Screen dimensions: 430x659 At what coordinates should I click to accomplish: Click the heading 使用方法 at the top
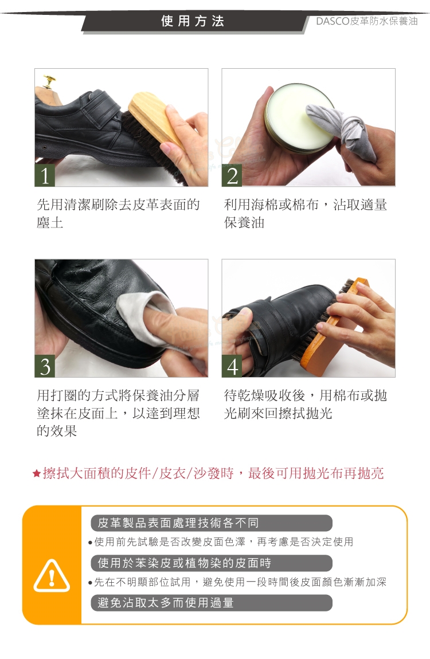click(x=193, y=21)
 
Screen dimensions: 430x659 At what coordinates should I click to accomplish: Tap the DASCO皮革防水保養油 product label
click(x=366, y=21)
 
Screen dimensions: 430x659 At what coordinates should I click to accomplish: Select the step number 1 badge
click(x=45, y=175)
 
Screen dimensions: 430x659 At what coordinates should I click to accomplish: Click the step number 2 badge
click(x=232, y=175)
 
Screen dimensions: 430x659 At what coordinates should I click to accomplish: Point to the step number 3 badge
click(x=45, y=366)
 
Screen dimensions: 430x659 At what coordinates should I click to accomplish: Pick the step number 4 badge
click(x=232, y=366)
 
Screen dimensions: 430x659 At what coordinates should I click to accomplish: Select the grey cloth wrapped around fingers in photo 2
click(x=345, y=126)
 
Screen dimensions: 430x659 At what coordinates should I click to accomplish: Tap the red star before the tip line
click(x=37, y=474)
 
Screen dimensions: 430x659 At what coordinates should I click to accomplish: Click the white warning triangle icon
click(x=52, y=576)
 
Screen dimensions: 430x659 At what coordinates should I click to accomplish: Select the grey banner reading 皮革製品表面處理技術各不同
click(x=212, y=523)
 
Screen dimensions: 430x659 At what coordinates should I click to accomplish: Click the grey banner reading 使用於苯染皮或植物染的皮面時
click(x=212, y=563)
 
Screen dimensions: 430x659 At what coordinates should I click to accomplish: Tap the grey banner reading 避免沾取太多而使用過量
click(x=212, y=603)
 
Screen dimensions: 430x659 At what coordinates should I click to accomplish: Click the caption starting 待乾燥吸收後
click(x=306, y=405)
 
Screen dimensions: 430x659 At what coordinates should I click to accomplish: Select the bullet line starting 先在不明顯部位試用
click(x=237, y=582)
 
